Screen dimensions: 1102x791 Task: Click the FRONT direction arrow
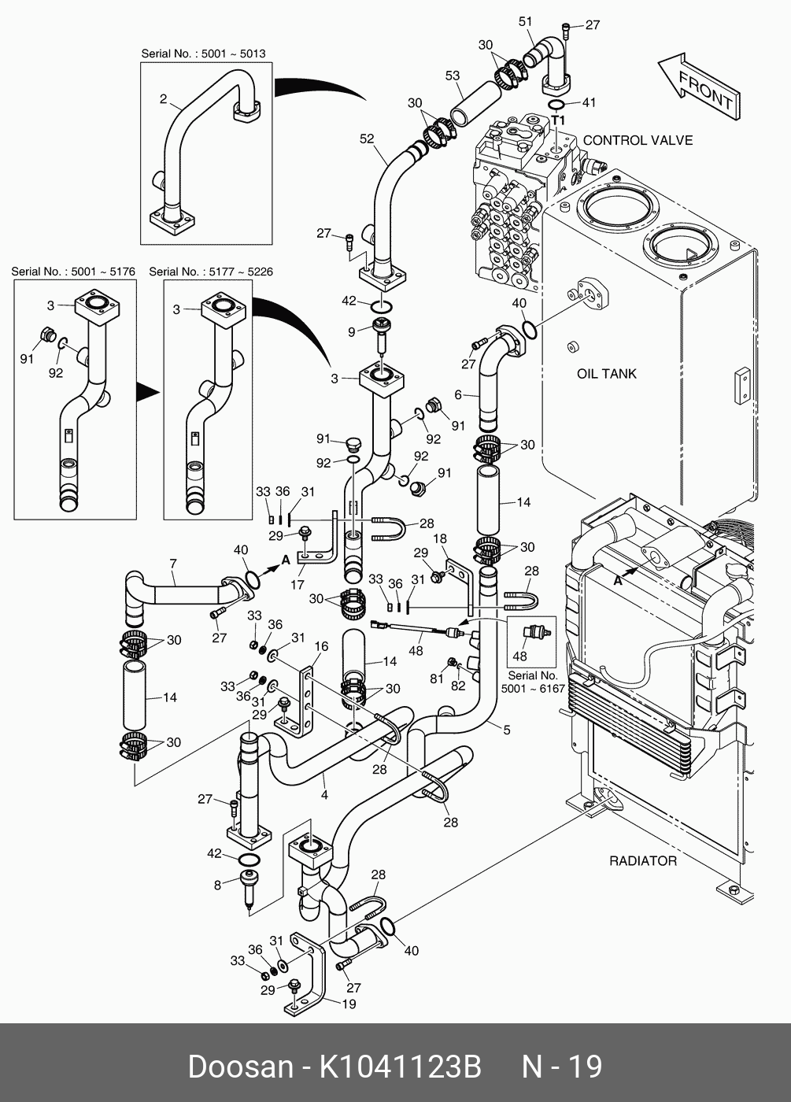coord(699,88)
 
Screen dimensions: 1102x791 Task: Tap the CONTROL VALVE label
coord(638,140)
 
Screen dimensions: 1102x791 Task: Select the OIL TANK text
coord(607,373)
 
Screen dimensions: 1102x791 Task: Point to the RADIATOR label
coord(642,860)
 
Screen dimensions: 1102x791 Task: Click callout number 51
coord(526,21)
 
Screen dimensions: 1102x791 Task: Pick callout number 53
coord(453,76)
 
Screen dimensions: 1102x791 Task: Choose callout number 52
coord(367,139)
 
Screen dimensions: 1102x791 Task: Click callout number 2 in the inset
coord(163,99)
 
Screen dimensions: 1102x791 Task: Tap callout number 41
coord(589,102)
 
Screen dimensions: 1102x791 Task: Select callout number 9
coord(352,332)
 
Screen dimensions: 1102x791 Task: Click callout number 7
coord(173,563)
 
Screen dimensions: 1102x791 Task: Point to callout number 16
coord(321,646)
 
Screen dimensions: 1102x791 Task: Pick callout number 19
coord(349,1004)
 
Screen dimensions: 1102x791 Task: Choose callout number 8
coord(217,885)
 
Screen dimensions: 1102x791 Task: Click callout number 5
coord(507,730)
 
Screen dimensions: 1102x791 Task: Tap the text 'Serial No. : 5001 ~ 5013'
coord(203,54)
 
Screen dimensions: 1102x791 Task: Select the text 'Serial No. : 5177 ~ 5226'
coord(211,272)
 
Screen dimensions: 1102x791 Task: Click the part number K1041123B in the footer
coord(399,1067)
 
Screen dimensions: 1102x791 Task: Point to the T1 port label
coord(558,120)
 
